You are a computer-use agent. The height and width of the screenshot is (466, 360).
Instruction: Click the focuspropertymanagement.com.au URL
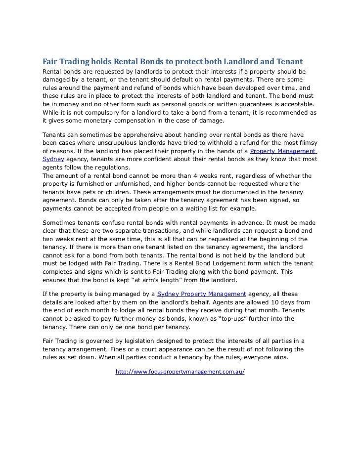pos(180,371)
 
